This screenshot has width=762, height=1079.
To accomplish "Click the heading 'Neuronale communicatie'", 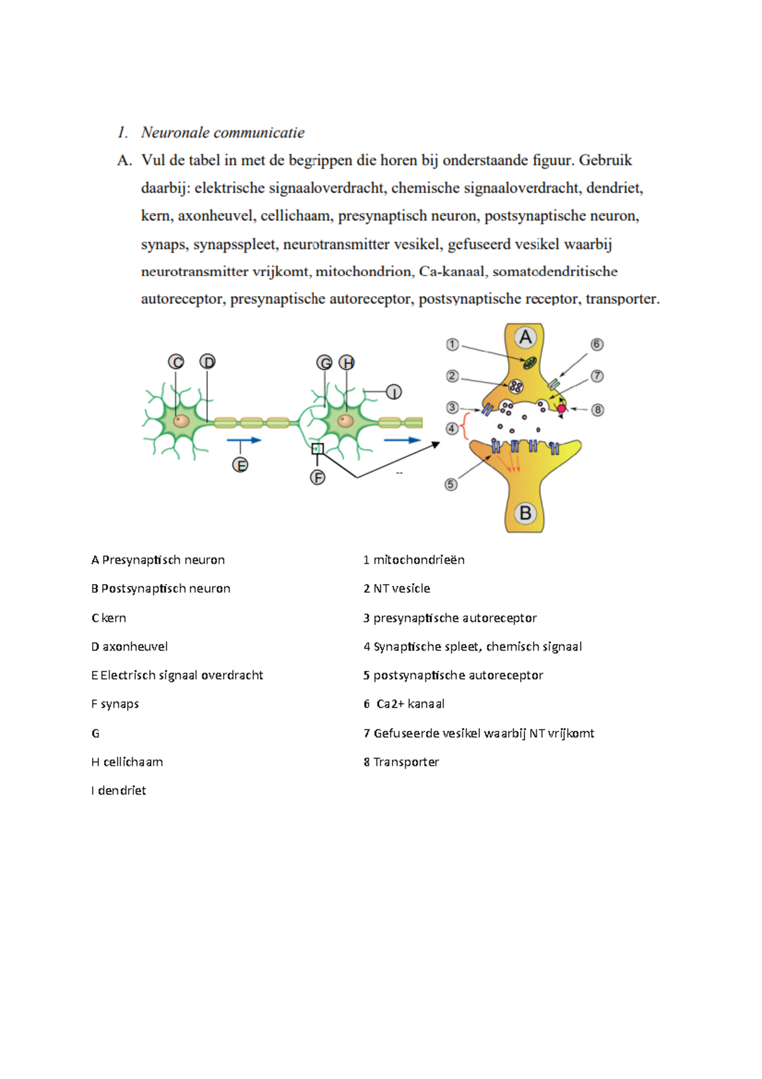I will [x=222, y=132].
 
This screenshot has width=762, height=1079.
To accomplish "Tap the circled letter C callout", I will [x=176, y=362].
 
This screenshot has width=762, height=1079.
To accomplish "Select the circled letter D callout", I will [x=208, y=362].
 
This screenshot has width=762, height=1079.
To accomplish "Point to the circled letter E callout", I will [x=240, y=465].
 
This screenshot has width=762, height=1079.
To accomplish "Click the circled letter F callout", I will [x=317, y=477].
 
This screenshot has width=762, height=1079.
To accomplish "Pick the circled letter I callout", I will [x=394, y=392].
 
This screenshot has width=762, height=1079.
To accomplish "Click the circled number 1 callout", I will [x=452, y=344].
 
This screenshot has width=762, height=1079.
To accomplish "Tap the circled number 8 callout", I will [x=598, y=410].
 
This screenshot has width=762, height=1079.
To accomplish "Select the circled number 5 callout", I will [x=451, y=484].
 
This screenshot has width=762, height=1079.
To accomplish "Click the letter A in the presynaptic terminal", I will [x=525, y=337].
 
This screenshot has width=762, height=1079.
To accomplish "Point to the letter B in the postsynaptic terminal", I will [x=525, y=513].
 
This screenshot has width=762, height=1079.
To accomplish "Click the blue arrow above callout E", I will [x=244, y=440].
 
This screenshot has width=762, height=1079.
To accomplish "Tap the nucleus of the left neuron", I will [x=182, y=421].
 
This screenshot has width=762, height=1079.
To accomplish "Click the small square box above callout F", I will [x=317, y=449].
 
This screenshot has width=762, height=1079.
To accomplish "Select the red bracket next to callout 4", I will [x=465, y=427].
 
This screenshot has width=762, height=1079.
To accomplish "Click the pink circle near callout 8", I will [x=561, y=409].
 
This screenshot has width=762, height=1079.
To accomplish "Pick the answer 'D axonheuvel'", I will [x=130, y=646].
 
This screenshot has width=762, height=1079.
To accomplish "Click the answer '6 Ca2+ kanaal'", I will [x=404, y=703].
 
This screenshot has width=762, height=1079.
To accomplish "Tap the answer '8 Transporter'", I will [x=401, y=761].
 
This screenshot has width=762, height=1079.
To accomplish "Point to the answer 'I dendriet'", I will [x=119, y=791].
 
